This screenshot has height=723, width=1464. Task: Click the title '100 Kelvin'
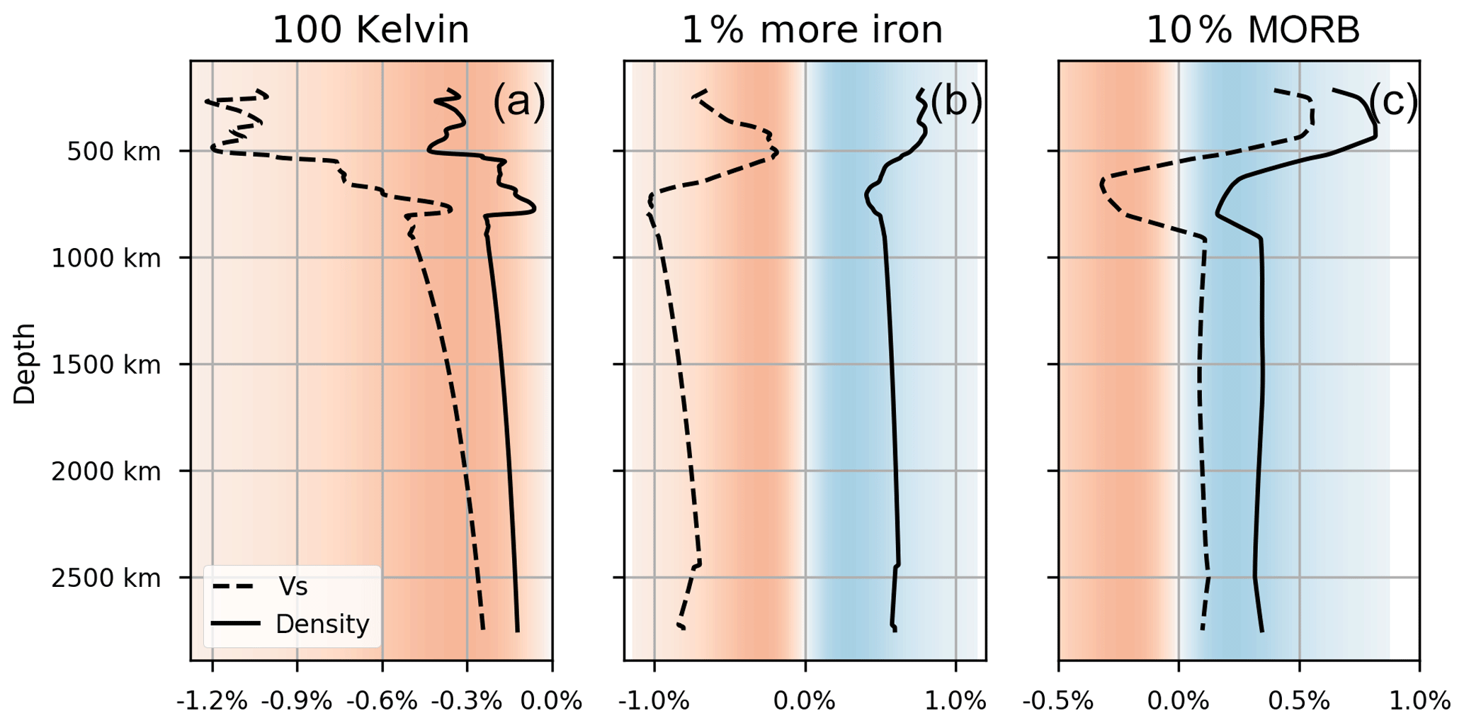tap(370, 30)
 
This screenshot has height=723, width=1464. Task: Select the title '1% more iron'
tap(812, 30)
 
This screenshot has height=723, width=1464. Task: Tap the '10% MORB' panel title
tap(1253, 30)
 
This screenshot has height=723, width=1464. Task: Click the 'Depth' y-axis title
tap(25, 364)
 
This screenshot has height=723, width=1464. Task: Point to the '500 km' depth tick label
tap(113, 152)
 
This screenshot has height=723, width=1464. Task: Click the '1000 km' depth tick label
tap(106, 259)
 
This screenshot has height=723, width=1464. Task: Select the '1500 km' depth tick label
tap(106, 365)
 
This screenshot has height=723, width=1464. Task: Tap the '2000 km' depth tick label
tap(106, 472)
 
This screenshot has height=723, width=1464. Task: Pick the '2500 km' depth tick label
tap(106, 578)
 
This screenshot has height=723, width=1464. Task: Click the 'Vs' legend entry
tap(293, 587)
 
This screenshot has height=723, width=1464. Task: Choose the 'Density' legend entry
tap(322, 624)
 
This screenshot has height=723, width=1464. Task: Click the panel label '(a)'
tap(518, 101)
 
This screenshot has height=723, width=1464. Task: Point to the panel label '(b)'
tap(955, 101)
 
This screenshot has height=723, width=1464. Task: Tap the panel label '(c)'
tap(1392, 101)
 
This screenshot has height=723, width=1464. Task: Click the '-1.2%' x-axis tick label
tap(212, 702)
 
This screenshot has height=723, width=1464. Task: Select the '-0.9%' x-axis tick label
tap(297, 702)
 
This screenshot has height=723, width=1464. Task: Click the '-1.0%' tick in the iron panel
tap(653, 702)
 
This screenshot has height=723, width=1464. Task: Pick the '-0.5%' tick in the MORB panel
tap(1058, 702)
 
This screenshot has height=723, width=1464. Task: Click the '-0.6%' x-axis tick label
tap(382, 702)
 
